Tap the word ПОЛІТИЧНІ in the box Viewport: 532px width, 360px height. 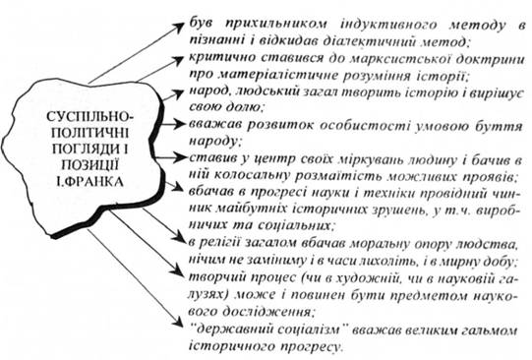[x=89, y=133]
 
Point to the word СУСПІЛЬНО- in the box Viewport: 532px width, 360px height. [x=90, y=117]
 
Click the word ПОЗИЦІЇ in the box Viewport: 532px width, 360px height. [x=90, y=165]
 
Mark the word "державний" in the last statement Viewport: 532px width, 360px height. [x=231, y=330]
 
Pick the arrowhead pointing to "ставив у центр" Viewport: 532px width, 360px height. [x=179, y=157]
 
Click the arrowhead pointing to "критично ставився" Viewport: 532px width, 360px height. [x=177, y=60]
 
